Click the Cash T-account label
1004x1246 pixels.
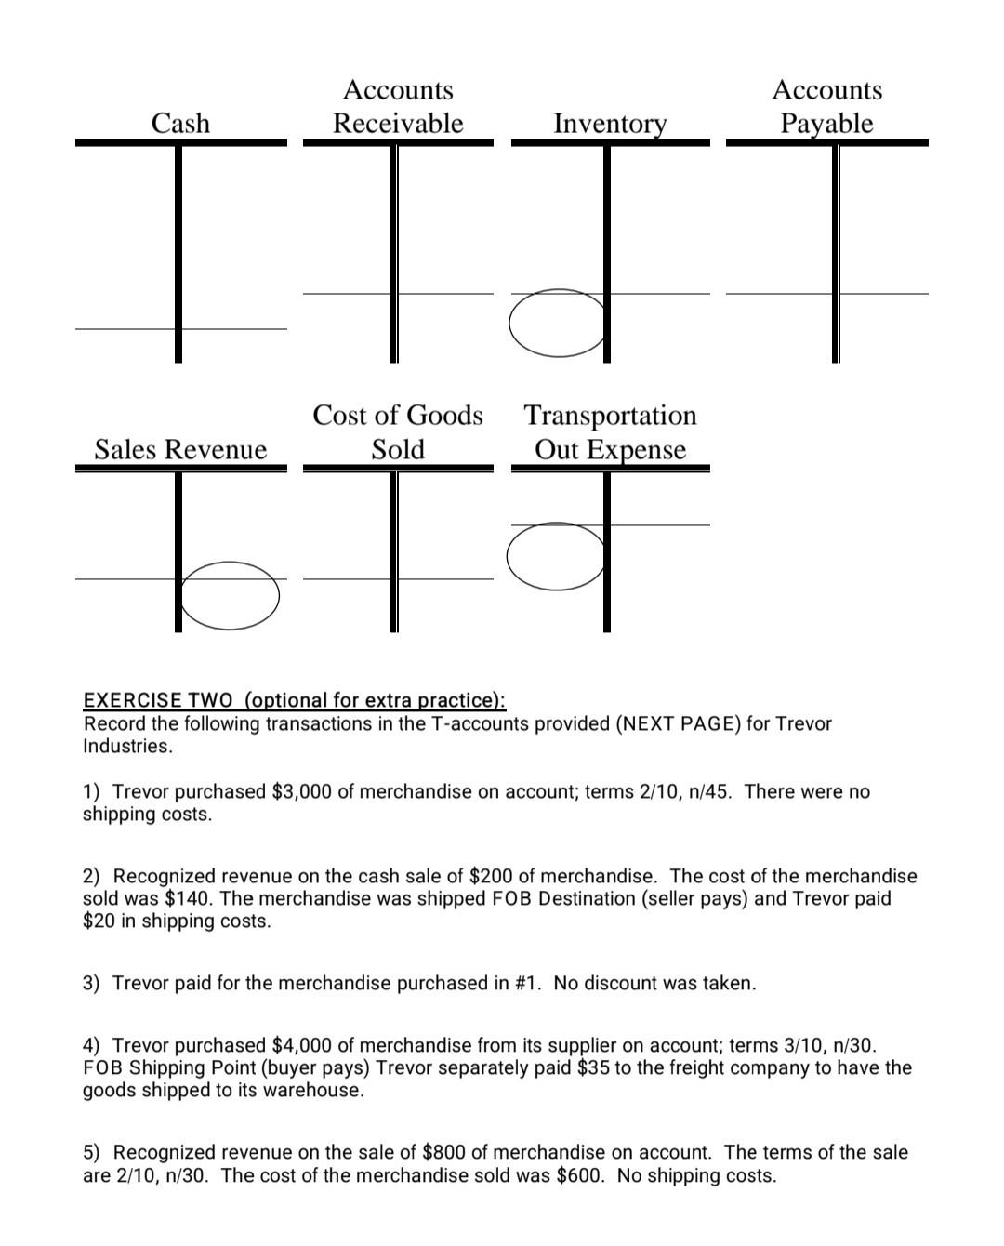(x=180, y=123)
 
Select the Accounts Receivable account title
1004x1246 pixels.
(x=398, y=106)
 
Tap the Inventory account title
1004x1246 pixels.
(x=610, y=123)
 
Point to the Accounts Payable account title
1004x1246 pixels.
(x=826, y=106)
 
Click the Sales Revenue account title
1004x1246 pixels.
(x=180, y=449)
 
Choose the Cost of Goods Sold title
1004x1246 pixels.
(x=398, y=431)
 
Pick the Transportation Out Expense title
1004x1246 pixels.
(x=610, y=431)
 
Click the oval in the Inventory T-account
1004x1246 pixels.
(x=557, y=323)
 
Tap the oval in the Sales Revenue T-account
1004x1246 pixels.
(x=230, y=596)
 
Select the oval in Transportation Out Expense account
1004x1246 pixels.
(x=555, y=556)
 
